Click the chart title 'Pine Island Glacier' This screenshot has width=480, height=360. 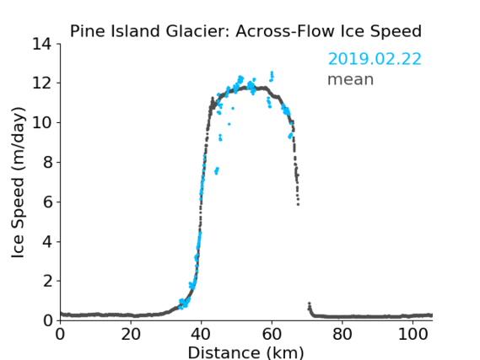(150, 31)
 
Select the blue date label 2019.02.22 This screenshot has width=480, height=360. (375, 59)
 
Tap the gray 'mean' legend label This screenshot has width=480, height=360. (351, 79)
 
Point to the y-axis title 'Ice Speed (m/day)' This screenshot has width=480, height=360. (18, 183)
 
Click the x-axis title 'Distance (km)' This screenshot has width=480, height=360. (245, 352)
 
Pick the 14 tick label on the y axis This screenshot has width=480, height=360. (42, 45)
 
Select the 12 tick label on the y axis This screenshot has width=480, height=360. (42, 83)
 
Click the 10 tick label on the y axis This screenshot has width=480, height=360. (42, 122)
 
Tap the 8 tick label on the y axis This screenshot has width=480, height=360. (48, 162)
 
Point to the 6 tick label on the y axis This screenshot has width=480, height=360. (48, 201)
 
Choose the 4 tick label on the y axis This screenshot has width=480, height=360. (48, 242)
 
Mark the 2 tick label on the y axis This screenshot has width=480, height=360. (48, 281)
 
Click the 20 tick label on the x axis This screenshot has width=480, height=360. (131, 334)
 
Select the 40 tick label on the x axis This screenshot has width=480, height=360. (201, 334)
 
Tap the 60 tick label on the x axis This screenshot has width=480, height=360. (272, 334)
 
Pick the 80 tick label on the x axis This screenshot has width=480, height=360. (342, 334)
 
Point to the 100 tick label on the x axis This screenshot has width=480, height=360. (413, 334)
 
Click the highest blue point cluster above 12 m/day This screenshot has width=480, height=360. (272, 77)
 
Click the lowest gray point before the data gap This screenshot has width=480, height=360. (298, 204)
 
